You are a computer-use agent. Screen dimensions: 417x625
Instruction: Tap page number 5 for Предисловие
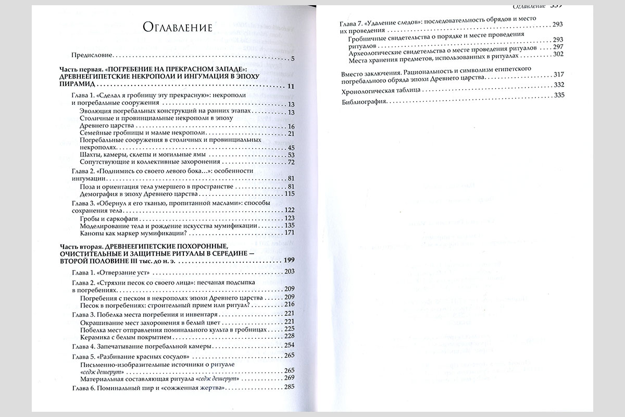(x=293, y=57)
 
